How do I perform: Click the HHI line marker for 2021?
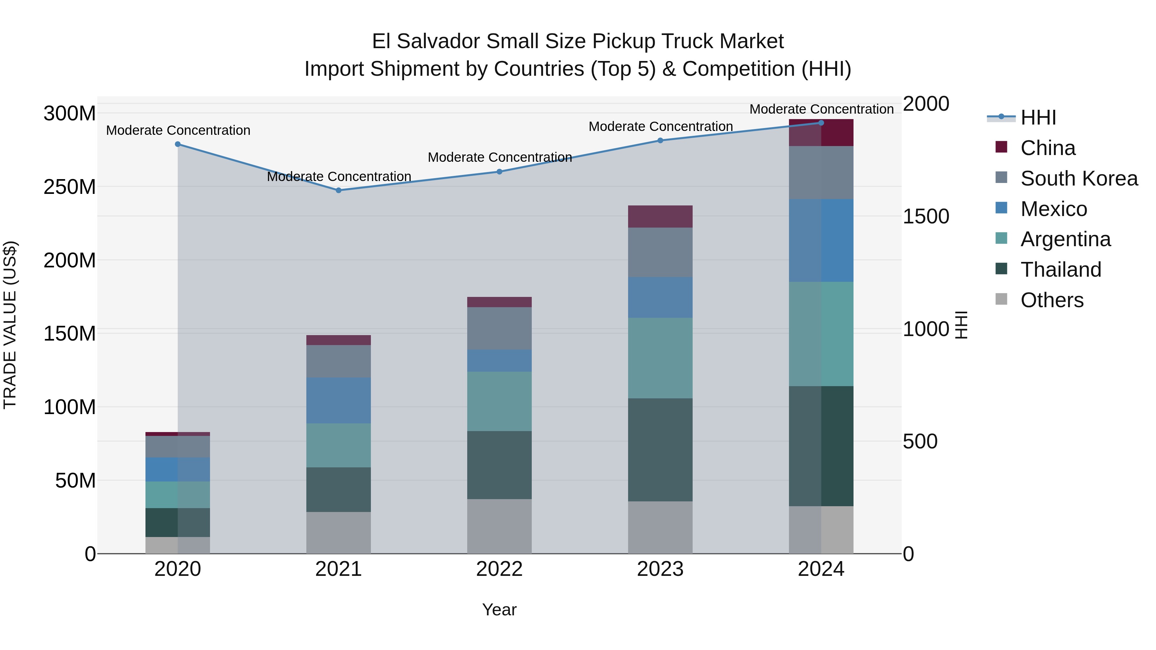tap(338, 190)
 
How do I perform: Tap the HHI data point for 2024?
tap(821, 123)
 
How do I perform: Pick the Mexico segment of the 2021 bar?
tap(338, 400)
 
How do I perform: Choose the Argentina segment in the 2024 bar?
tap(821, 334)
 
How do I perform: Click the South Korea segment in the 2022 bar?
tap(499, 328)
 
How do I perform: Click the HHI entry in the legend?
tap(1038, 117)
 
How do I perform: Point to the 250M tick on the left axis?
tap(70, 186)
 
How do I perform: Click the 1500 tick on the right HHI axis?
tap(925, 216)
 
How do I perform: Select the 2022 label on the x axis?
tap(499, 569)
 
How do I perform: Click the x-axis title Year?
tap(499, 610)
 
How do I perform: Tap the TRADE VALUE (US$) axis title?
tap(10, 325)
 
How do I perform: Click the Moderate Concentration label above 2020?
tap(178, 131)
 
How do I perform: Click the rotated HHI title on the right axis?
tap(961, 325)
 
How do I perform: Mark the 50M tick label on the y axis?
tap(75, 481)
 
